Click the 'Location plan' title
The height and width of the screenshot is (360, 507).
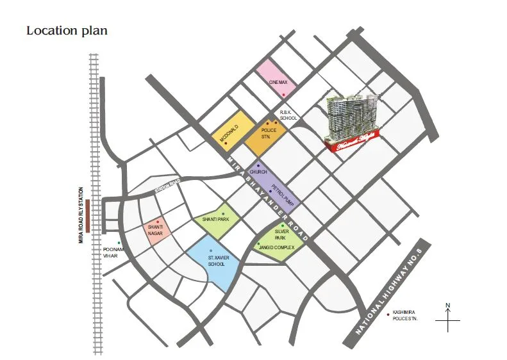pos(67,31)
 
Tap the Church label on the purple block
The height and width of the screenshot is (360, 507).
pos(258,172)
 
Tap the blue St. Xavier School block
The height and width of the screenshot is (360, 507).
pos(214,261)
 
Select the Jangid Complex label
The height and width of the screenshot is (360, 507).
pos(276,247)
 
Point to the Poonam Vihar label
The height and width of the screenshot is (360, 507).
pos(112,253)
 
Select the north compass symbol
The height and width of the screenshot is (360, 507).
pos(449,316)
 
